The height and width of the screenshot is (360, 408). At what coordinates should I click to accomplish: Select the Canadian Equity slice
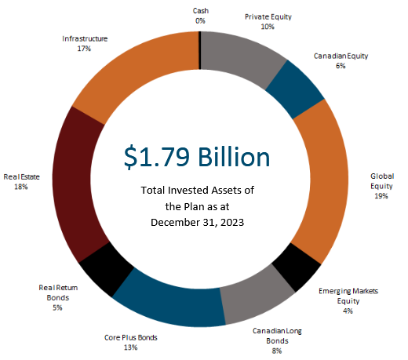tap(295, 89)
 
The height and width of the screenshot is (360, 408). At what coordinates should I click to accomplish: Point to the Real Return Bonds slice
tap(107, 269)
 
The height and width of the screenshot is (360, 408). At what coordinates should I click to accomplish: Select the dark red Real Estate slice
tap(76, 183)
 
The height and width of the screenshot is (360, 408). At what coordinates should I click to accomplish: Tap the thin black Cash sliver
tap(200, 50)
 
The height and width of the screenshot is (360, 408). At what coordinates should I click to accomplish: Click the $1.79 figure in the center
tap(156, 157)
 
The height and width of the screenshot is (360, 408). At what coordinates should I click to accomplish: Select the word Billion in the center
tap(234, 157)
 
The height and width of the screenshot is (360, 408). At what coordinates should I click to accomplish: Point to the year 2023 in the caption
tap(232, 223)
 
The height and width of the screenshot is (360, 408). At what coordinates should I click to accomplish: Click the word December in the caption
tap(175, 223)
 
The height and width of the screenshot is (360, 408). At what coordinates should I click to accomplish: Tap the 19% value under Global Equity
tap(381, 196)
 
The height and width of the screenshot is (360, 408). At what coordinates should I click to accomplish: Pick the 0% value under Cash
tap(200, 21)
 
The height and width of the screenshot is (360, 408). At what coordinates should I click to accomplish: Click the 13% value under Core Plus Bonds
tap(130, 347)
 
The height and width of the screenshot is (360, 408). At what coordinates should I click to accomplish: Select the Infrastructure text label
tap(85, 38)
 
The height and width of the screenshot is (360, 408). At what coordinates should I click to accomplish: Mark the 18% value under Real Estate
tap(21, 187)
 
